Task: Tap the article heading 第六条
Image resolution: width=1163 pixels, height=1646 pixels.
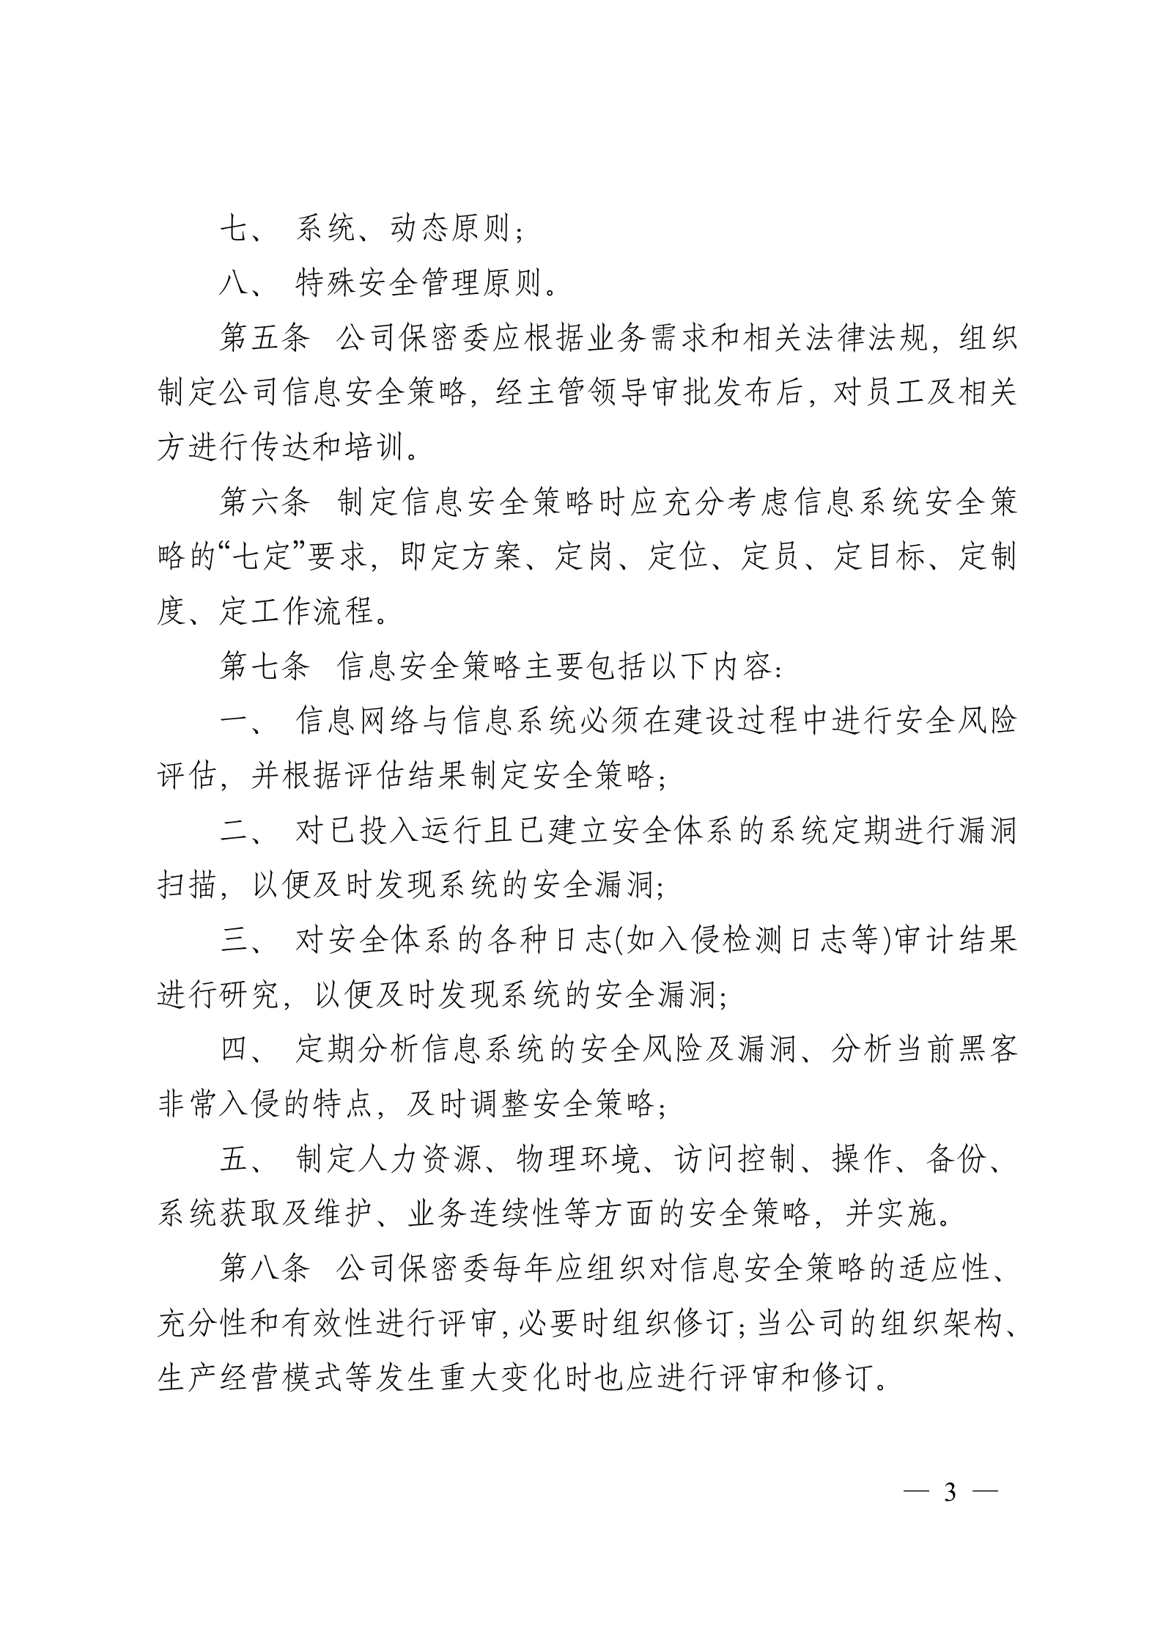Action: [x=265, y=504]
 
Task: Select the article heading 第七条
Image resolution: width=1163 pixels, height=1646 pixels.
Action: [x=265, y=668]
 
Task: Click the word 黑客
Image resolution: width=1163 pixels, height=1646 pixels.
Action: [x=986, y=1051]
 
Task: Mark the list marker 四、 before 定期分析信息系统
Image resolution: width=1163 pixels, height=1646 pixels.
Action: [x=243, y=1051]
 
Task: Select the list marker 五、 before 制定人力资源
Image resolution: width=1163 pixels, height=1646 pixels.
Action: [x=243, y=1161]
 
